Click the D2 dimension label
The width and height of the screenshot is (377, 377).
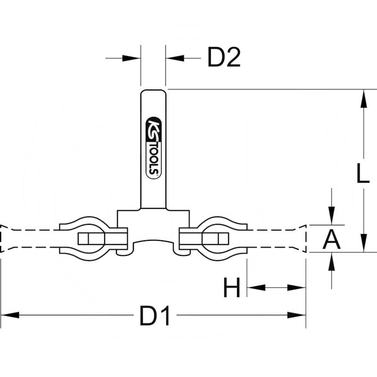pos(224,57)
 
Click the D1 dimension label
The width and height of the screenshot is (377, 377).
pos(155,315)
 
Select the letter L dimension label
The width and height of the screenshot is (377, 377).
pos(363,173)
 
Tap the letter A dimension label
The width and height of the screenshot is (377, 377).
pos(332,239)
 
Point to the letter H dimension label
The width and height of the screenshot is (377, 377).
pos(232,287)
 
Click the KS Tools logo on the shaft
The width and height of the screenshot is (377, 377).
pos(154,148)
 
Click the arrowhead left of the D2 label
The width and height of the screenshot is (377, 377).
pos(175,58)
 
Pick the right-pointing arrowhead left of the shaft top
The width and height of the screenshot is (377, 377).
pos(131,58)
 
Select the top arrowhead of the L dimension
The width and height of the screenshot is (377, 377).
pos(364,98)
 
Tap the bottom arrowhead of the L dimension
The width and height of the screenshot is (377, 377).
pos(364,243)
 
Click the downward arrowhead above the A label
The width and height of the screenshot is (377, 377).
pos(332,216)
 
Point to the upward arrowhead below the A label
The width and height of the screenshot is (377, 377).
pos(332,262)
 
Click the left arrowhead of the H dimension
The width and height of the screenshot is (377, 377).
pos(256,287)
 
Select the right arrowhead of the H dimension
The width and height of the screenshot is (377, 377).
pos(296,287)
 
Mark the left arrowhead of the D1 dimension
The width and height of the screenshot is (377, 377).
pos(10,315)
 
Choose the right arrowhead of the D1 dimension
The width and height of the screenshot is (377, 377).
pos(296,315)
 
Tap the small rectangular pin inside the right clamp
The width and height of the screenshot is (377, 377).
pos(215,239)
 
